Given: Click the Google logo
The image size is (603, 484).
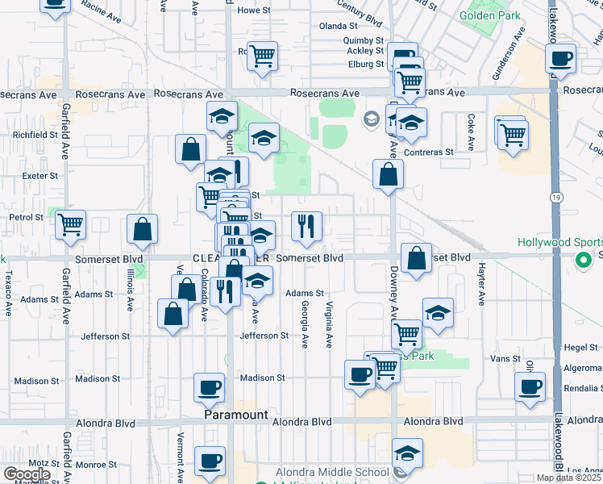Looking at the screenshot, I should coord(26,474).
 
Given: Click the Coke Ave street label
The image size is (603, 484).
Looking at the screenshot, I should coord(470,124).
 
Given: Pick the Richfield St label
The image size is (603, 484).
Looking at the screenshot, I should coord(35,135).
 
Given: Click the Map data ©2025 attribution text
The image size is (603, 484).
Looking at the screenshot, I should coord(569,478).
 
